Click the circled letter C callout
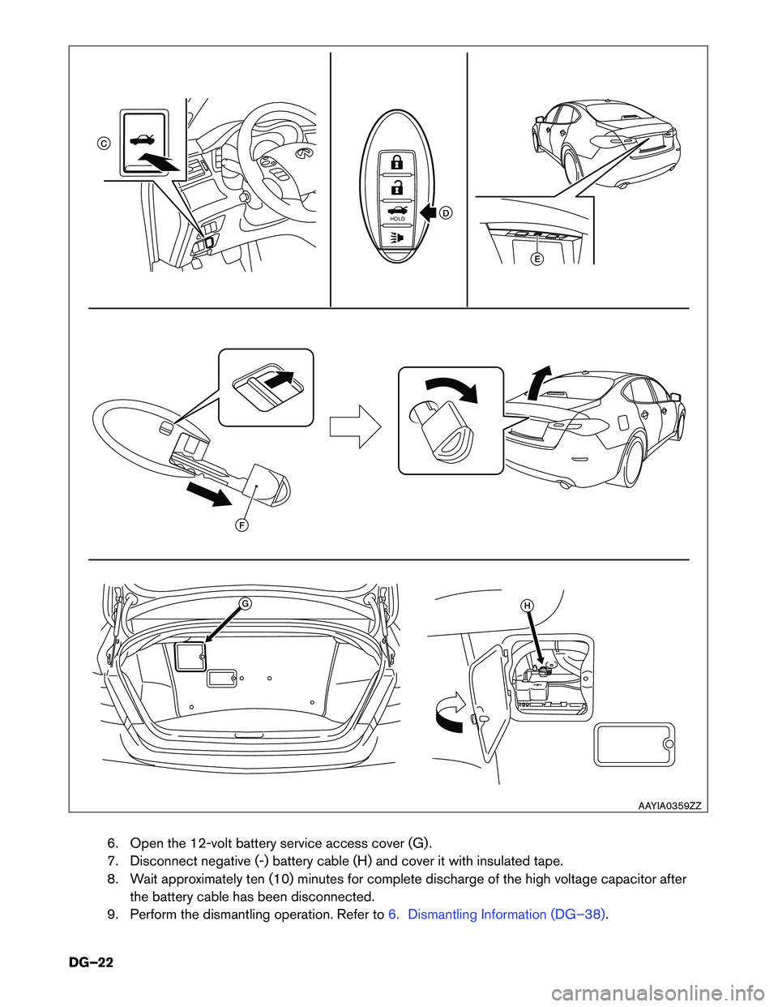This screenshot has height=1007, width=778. (x=104, y=143)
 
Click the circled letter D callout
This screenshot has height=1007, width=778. (x=446, y=212)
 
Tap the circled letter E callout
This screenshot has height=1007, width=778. (x=536, y=259)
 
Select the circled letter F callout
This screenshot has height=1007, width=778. (x=242, y=525)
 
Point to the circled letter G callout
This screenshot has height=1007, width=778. (x=244, y=603)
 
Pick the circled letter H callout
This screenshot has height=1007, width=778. (x=527, y=606)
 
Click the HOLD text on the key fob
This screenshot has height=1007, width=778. (x=397, y=219)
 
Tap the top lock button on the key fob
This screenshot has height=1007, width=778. (x=396, y=161)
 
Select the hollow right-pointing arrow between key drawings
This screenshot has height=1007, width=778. (x=354, y=426)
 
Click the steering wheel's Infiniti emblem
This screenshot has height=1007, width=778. (x=305, y=152)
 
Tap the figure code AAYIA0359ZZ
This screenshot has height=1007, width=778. (x=669, y=806)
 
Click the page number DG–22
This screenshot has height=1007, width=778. (x=91, y=962)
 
